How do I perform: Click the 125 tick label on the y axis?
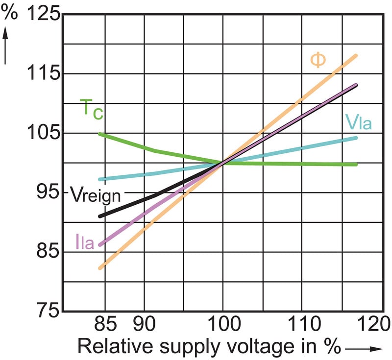43,14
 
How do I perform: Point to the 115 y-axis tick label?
43,73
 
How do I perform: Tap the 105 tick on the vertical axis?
43,133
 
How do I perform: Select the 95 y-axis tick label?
48,192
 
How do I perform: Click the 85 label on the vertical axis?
48,252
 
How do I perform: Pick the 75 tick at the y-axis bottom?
48,311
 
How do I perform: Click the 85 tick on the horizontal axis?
103,324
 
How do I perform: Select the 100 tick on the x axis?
223,324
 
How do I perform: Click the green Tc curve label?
91,108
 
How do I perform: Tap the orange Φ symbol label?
318,60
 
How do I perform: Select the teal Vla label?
358,122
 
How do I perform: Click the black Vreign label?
95,194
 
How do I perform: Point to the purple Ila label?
85,241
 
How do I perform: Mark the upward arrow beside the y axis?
7,47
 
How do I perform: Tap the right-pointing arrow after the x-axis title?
363,348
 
